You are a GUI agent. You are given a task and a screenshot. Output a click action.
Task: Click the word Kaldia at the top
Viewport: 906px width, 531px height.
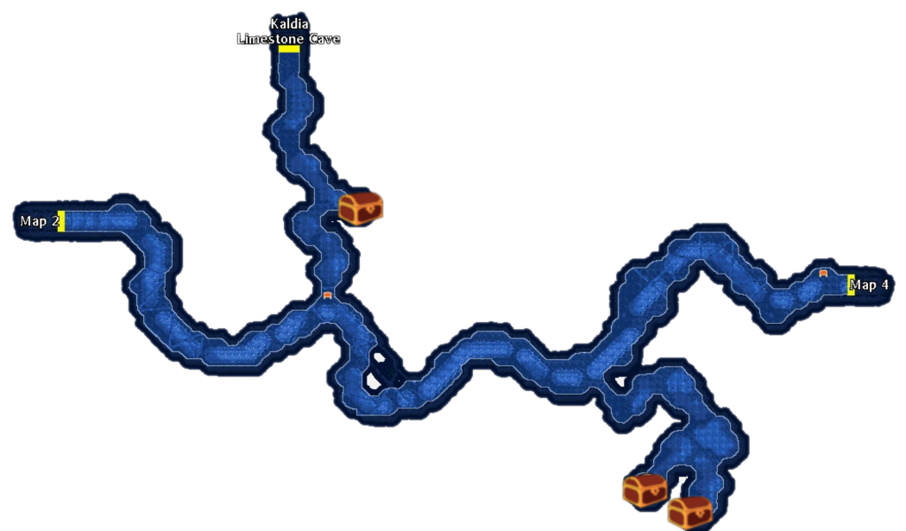[x=288, y=23]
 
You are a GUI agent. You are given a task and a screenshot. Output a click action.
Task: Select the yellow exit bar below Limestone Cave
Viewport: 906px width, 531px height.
[x=289, y=49]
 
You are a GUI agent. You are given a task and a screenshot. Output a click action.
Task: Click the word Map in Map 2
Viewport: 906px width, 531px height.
[x=34, y=222]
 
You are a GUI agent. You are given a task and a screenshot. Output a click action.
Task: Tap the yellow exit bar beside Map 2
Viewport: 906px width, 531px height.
[x=61, y=221]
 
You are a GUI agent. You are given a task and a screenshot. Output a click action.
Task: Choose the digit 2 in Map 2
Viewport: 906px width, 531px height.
[x=55, y=222]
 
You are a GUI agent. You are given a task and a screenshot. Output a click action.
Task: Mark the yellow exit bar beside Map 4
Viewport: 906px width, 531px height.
[x=851, y=284]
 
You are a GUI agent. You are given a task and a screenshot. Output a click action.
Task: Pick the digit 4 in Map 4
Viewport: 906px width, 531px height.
[x=884, y=285]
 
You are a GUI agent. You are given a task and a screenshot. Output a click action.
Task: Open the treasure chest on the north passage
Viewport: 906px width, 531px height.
[x=361, y=208]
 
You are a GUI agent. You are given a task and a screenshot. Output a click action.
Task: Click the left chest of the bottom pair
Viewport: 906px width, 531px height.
[x=645, y=490]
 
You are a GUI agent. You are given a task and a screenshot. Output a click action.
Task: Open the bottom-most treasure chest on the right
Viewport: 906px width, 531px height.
[x=689, y=512]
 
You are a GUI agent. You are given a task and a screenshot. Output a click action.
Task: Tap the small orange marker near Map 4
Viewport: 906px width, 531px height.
[x=823, y=273]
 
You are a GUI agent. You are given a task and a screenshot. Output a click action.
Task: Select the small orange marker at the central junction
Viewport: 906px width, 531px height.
[x=327, y=295]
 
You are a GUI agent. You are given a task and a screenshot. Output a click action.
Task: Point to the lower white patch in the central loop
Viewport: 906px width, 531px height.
[x=373, y=380]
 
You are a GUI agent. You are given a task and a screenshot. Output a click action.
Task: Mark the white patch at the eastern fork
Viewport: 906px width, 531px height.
[x=620, y=381]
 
